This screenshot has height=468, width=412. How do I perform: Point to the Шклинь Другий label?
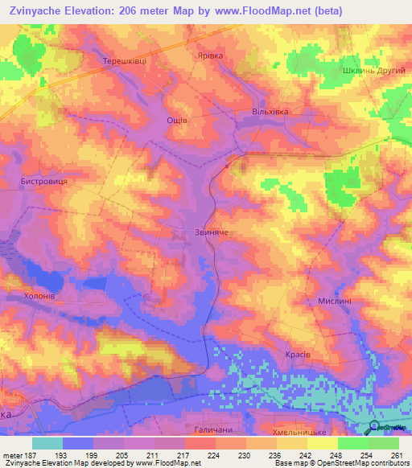377,70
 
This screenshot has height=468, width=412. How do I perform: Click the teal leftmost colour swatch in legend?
47,443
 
